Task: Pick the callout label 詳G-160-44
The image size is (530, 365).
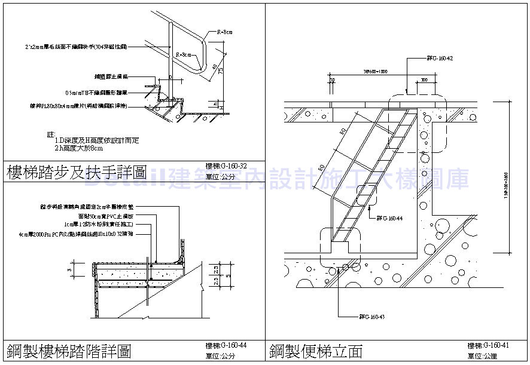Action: coord(389,218)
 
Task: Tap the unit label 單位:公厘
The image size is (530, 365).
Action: coord(482,357)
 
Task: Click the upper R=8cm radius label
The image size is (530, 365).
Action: coord(224,32)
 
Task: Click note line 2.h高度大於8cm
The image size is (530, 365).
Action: coord(78,148)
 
